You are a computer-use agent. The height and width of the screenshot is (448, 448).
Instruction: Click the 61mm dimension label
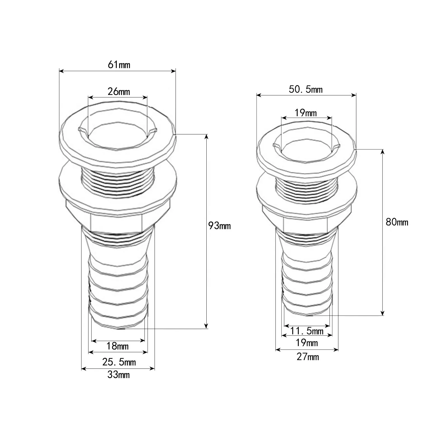click(x=119, y=65)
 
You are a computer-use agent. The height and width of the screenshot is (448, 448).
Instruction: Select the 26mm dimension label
click(x=119, y=92)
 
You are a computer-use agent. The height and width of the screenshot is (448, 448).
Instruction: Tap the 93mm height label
click(x=220, y=226)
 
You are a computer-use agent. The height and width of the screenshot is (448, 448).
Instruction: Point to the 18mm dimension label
click(x=117, y=346)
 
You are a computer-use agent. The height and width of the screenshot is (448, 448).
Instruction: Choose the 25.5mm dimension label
click(x=119, y=362)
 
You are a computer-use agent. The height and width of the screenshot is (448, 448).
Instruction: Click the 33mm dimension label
click(x=118, y=375)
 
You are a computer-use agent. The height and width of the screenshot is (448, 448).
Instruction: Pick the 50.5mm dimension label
click(x=305, y=90)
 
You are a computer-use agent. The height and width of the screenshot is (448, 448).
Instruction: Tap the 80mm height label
click(x=397, y=222)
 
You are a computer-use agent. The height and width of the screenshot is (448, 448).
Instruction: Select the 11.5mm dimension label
click(x=307, y=331)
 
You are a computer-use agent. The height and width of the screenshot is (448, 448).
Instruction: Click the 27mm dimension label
click(x=308, y=357)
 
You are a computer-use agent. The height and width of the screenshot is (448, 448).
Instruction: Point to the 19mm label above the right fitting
click(x=305, y=113)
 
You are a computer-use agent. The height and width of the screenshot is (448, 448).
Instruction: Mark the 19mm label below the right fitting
click(x=307, y=343)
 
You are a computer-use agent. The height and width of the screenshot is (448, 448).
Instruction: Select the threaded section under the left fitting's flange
click(x=118, y=182)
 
